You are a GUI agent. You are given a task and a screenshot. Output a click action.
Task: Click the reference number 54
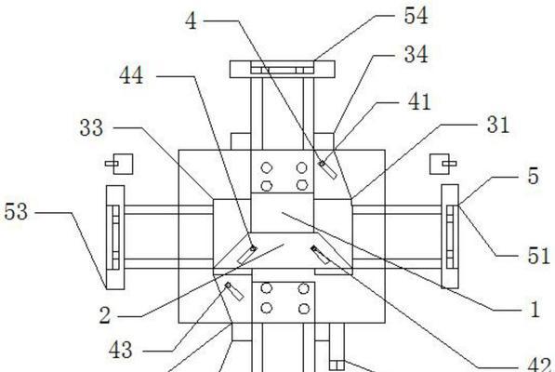[x=416, y=17]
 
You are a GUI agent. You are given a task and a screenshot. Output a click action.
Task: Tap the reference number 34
[x=416, y=55]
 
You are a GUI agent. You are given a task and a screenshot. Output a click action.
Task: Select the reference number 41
[x=419, y=102]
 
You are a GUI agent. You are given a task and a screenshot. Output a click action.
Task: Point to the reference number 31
[x=498, y=125]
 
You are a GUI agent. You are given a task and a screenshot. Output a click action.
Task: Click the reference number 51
[x=538, y=256]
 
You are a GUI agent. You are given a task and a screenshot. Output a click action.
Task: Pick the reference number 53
[x=16, y=212]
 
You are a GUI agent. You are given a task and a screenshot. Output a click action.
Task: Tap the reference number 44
[x=131, y=75]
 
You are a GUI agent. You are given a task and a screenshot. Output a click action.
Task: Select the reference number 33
[x=92, y=127]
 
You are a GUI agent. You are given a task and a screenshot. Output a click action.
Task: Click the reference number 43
[x=121, y=350]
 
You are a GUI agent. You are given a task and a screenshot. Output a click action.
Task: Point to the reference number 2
[x=105, y=315]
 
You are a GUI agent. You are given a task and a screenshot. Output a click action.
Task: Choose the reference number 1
[x=535, y=309]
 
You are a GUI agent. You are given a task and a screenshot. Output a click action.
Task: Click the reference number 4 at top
[x=192, y=20]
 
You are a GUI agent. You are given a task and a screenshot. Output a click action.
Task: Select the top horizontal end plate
[x=282, y=69]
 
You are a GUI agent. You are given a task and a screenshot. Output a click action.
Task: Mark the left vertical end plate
[x=115, y=237]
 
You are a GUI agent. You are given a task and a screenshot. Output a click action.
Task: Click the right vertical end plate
[x=450, y=236]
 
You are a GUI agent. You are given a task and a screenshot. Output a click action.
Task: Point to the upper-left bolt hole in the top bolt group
[x=267, y=167]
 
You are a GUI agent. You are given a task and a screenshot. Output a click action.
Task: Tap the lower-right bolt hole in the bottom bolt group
[x=304, y=309]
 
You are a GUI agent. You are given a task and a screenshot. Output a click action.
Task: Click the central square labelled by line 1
[x=282, y=213]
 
